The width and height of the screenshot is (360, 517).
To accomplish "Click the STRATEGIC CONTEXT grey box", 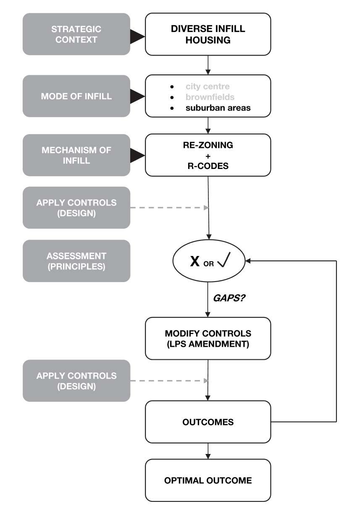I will (76, 34).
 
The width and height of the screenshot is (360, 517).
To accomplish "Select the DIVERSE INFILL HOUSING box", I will (208, 34).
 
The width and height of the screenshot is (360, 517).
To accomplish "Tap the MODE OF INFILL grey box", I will (76, 96).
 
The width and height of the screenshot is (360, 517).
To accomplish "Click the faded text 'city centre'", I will (208, 87).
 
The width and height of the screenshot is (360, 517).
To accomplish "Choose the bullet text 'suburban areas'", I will (218, 108).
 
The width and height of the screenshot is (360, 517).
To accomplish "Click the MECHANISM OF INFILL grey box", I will (76, 155).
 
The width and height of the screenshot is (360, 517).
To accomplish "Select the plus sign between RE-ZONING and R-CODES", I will (208, 155).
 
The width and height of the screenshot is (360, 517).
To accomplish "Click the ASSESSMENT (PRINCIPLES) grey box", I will (76, 261).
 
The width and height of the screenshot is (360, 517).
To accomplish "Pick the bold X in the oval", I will (195, 261).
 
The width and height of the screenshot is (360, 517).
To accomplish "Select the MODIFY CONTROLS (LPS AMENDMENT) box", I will (208, 338).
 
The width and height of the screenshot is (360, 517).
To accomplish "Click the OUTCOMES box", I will (208, 422).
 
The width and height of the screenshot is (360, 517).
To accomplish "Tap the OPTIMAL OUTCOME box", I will (208, 480).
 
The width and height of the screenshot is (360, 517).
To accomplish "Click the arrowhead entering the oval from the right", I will (248, 261).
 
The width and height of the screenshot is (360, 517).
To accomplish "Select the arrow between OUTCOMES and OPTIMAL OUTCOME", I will (208, 451).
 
